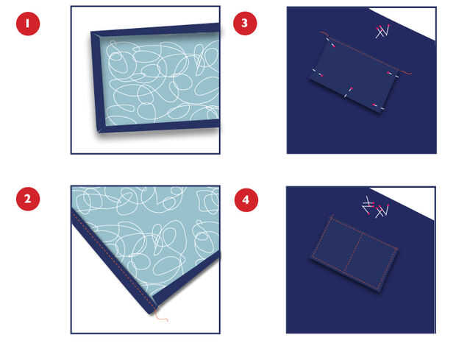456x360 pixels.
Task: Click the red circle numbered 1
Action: [x=28, y=24]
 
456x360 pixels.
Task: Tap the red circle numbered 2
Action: [x=28, y=199]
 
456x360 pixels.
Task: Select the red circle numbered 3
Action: [x=245, y=24]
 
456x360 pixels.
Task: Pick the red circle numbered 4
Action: [x=246, y=200]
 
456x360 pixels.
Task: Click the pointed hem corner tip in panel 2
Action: [x=150, y=314]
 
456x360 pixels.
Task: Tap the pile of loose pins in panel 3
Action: [x=382, y=32]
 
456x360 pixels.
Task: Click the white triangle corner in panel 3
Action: [x=407, y=21]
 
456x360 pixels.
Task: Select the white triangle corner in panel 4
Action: [x=407, y=202]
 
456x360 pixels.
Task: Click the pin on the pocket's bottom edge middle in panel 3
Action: [x=348, y=93]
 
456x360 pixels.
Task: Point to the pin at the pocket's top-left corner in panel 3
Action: [x=331, y=42]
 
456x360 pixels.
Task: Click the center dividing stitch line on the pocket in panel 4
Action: [x=353, y=253]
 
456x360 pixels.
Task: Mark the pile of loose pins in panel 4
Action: [x=375, y=207]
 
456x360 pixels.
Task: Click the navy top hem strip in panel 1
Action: [x=158, y=30]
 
